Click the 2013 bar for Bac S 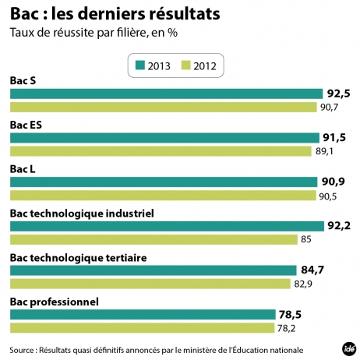point(166,94)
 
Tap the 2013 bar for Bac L point(164,182)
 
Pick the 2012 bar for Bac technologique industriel point(154,239)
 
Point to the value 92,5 point(338,94)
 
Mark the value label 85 point(307,239)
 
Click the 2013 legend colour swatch point(141,65)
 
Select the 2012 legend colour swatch point(187,65)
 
